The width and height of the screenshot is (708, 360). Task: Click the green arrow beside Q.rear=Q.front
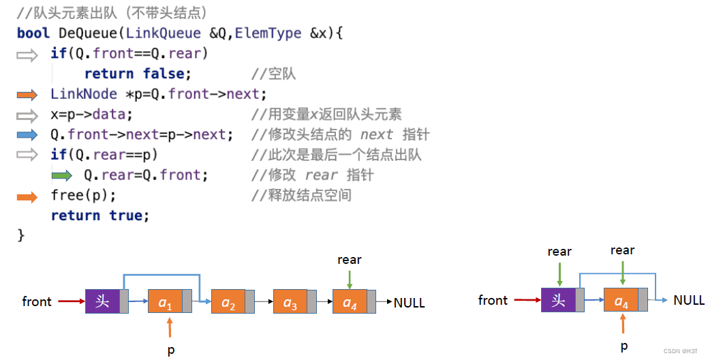61,176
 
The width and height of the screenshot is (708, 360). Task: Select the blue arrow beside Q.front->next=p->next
28,135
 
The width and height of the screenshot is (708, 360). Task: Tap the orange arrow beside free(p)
28,197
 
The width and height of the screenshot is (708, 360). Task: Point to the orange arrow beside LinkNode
28,95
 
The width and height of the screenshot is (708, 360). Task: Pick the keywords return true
99,215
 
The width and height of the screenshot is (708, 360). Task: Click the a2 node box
228,302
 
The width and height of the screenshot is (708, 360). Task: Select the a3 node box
290,302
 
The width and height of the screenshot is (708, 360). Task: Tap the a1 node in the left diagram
166,302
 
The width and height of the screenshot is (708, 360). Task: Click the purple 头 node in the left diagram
103,301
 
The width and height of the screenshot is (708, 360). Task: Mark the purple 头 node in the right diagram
559,301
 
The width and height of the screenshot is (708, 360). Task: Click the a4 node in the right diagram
621,301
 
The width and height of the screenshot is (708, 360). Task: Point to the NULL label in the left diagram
409,303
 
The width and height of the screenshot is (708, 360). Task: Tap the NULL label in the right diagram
688,300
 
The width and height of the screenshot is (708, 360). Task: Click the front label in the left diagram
37,301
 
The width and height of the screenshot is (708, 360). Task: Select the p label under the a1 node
170,350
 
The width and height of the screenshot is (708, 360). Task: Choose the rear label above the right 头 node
559,252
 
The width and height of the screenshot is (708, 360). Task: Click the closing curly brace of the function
20,235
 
